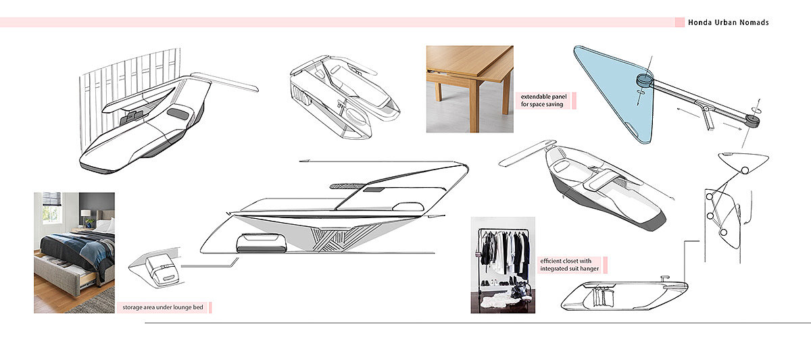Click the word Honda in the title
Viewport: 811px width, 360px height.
701,23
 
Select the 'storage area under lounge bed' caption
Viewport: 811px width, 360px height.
162,308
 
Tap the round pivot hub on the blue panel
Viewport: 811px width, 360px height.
643,82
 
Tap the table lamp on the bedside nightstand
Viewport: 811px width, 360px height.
85,217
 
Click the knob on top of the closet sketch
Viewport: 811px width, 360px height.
664,276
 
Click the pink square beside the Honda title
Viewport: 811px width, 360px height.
680,23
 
